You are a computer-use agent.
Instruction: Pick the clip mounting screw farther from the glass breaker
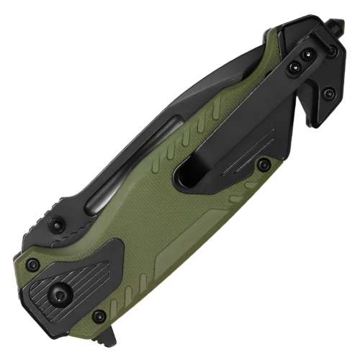293,68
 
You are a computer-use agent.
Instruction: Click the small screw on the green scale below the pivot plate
99,316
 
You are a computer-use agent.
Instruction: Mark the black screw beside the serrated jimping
60,225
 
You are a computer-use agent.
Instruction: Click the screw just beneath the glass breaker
330,52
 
